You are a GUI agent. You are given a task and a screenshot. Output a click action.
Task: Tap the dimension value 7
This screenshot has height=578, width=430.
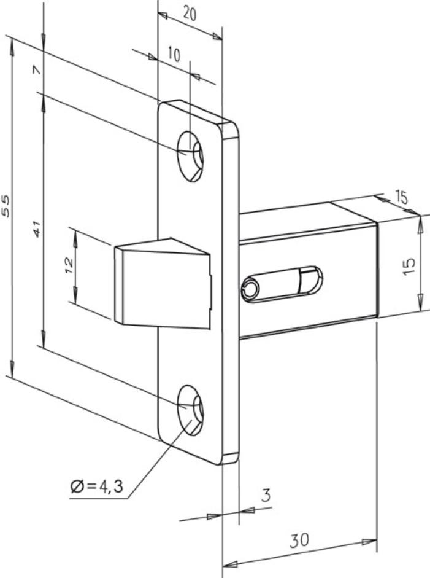click(37, 69)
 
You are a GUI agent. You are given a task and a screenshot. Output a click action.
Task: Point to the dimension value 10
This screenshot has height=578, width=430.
click(174, 54)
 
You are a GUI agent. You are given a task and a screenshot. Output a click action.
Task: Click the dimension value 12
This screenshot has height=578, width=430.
click(69, 265)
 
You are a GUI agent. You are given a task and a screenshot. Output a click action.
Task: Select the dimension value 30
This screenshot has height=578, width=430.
click(299, 540)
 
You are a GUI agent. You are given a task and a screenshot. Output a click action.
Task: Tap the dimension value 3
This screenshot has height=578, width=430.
click(266, 495)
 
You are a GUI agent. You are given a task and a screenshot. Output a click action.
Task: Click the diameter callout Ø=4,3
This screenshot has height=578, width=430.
click(96, 486)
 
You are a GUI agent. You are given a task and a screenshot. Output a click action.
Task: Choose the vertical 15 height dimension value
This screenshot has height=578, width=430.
click(409, 266)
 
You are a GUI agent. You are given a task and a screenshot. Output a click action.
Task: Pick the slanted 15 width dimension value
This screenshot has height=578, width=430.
click(402, 198)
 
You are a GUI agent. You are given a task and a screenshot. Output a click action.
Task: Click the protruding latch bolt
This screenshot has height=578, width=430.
click(163, 283)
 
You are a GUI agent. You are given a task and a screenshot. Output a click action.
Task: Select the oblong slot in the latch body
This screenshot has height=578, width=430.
click(282, 284)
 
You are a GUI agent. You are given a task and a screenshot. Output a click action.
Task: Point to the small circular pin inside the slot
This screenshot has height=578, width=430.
click(250, 288)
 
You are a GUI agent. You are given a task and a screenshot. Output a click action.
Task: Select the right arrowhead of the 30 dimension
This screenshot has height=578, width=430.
click(369, 542)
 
